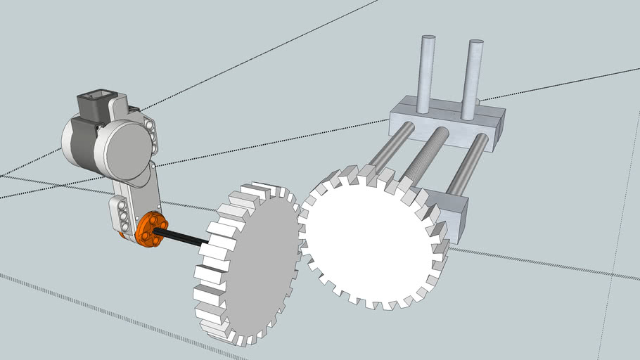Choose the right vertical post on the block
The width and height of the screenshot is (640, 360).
(472, 79)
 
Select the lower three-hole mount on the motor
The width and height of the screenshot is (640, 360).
(121, 214)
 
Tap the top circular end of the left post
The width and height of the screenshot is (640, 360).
(426, 39)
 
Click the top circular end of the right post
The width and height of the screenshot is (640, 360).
(475, 44)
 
